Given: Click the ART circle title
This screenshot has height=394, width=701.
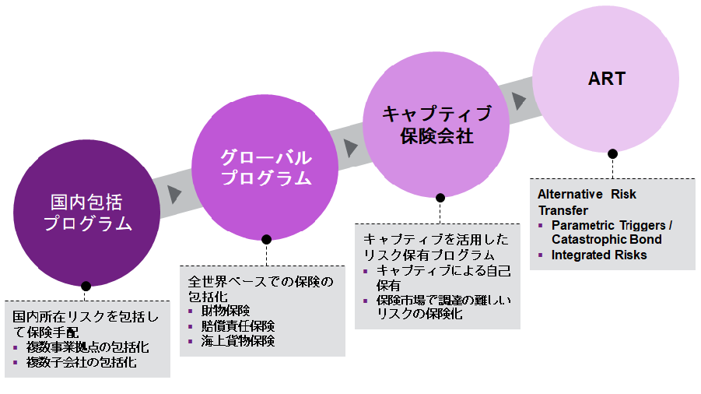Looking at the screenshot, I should click(x=606, y=79).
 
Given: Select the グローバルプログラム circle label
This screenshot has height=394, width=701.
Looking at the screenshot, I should click(x=266, y=167).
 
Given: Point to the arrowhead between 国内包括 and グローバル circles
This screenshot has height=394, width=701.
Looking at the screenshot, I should click(x=174, y=192).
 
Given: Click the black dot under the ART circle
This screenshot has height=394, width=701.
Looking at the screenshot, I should click(x=612, y=153).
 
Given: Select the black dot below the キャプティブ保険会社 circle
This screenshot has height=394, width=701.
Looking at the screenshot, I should click(x=440, y=198).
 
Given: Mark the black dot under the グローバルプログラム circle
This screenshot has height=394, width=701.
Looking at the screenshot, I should click(x=266, y=239).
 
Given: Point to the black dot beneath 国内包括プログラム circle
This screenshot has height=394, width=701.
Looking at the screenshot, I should click(x=86, y=286).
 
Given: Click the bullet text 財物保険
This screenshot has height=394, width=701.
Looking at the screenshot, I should click(x=225, y=311).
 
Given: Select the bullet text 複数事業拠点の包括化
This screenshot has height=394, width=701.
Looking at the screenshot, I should click(x=86, y=347).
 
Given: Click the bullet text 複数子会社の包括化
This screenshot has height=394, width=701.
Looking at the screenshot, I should click(x=81, y=362).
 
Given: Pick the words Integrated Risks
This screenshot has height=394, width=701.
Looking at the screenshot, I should click(x=599, y=255).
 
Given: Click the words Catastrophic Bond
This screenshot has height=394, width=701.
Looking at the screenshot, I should click(x=606, y=239).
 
